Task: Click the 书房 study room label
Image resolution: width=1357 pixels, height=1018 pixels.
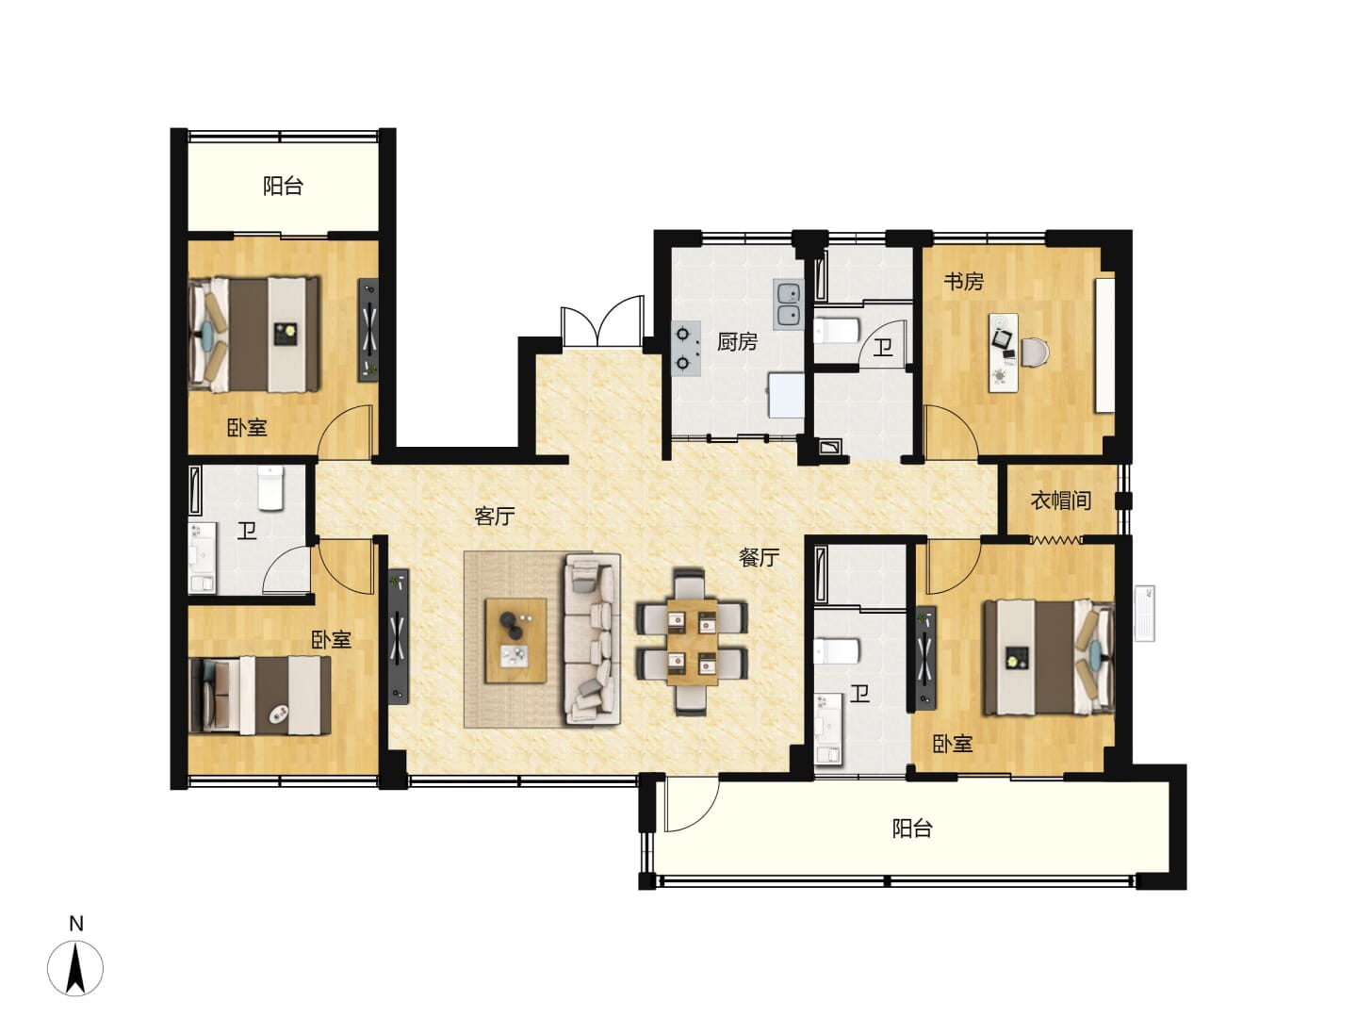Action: click(962, 281)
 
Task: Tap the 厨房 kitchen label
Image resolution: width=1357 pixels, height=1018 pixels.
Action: click(736, 341)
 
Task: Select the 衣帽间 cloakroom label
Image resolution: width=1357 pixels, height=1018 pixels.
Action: click(1060, 500)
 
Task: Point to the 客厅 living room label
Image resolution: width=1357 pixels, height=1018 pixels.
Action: click(494, 516)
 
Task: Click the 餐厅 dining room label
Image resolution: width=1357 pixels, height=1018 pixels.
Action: click(759, 557)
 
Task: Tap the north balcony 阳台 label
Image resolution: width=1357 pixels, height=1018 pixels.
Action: click(283, 186)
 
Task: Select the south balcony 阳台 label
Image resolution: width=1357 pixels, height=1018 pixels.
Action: click(912, 829)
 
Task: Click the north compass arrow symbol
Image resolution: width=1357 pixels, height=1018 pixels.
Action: click(75, 969)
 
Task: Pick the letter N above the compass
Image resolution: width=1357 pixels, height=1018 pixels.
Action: click(75, 924)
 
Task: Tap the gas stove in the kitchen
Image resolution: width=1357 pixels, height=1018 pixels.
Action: click(686, 348)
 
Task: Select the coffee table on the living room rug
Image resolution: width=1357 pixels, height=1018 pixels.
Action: click(515, 640)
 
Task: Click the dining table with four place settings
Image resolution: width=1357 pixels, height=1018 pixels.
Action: click(692, 642)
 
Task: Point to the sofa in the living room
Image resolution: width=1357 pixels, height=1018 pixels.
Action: click(592, 638)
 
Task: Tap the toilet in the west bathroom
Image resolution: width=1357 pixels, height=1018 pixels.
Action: click(270, 488)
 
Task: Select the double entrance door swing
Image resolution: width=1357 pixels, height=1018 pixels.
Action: click(601, 321)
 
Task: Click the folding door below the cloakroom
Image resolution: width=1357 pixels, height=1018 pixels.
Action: click(1055, 540)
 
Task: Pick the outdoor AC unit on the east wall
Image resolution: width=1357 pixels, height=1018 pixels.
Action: click(1144, 613)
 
